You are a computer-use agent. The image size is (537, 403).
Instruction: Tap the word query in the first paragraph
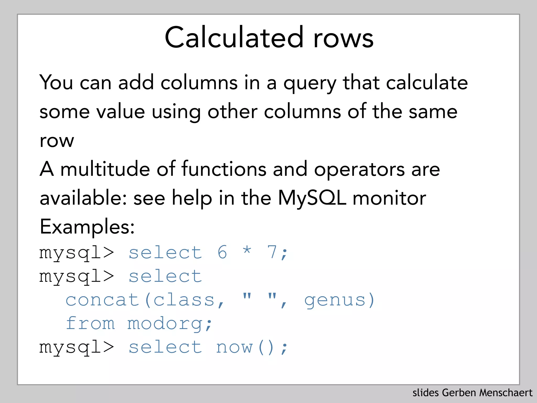[x=310, y=83]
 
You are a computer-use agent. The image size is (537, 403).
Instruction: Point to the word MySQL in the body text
[x=312, y=198]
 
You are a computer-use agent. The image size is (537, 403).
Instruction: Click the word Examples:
[x=87, y=227]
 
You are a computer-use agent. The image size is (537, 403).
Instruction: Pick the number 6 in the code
[x=222, y=252]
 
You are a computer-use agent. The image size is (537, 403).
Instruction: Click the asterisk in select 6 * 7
[x=247, y=251]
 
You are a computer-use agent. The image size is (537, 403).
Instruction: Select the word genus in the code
[x=335, y=300]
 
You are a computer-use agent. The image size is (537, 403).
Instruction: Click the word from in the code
[x=90, y=323]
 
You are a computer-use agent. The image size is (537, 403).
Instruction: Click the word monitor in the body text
[x=389, y=198]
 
